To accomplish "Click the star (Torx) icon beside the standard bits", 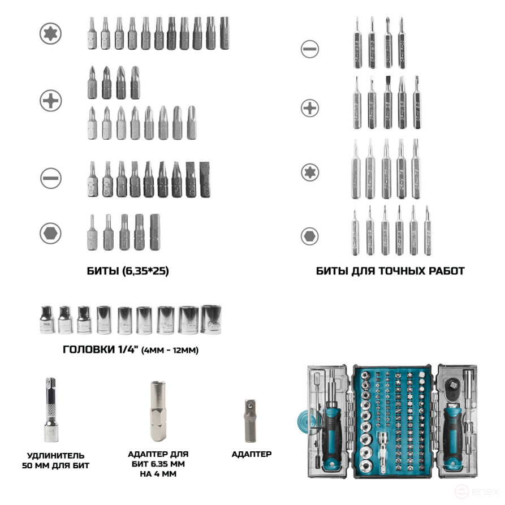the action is [50, 33].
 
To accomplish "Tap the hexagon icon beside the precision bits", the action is [310, 236].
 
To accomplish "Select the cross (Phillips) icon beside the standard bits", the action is [50, 101].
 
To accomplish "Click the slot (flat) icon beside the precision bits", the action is [310, 49].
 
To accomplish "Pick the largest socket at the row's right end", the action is [212, 319].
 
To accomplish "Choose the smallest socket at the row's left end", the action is [48, 320].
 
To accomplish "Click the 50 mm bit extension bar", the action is [51, 409].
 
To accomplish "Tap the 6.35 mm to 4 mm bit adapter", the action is [158, 411].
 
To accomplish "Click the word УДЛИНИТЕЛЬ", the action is [56, 455].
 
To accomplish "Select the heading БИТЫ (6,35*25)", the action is [128, 271].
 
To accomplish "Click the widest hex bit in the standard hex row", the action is [155, 232].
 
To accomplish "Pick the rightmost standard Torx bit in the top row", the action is [225, 33].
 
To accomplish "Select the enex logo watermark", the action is [476, 491].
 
